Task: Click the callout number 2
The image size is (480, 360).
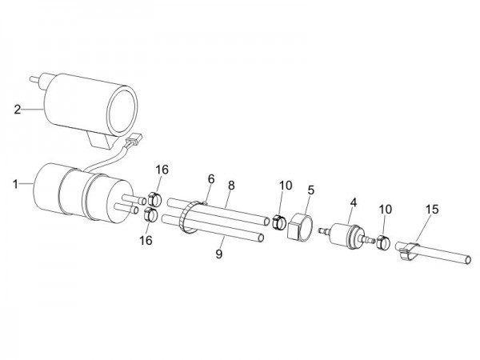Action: click(x=17, y=109)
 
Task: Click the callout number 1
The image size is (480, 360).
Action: click(x=15, y=184)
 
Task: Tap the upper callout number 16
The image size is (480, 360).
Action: click(x=162, y=170)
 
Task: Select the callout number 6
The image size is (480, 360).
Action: click(x=211, y=178)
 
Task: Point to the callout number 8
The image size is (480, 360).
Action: click(x=231, y=185)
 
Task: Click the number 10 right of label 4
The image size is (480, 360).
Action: click(x=386, y=209)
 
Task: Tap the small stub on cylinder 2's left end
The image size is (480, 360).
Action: click(x=33, y=81)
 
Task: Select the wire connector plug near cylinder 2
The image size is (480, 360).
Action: click(x=133, y=144)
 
